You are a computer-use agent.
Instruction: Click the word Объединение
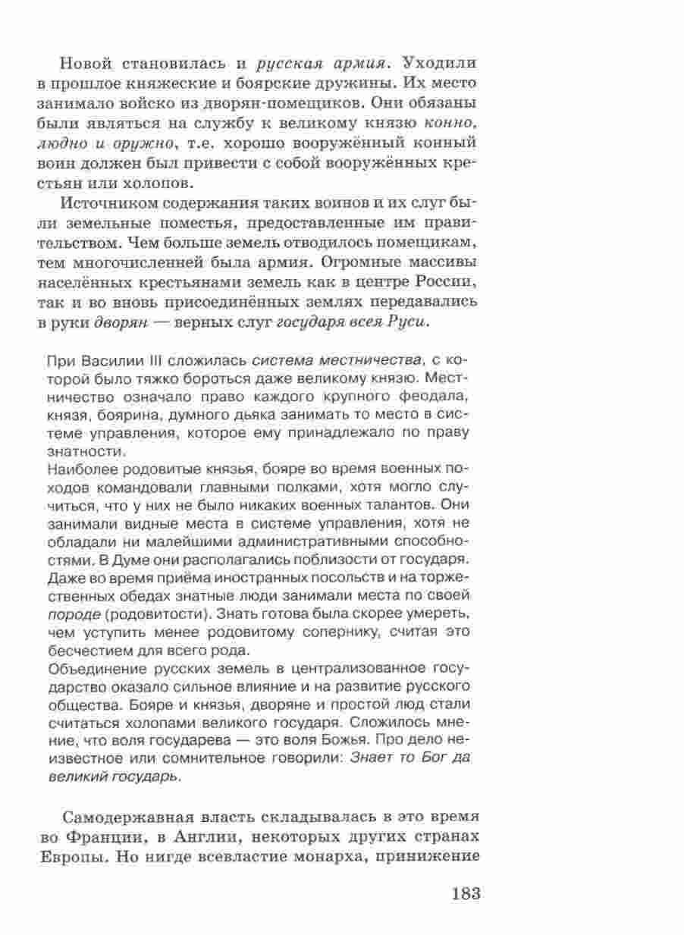point(92,667)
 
